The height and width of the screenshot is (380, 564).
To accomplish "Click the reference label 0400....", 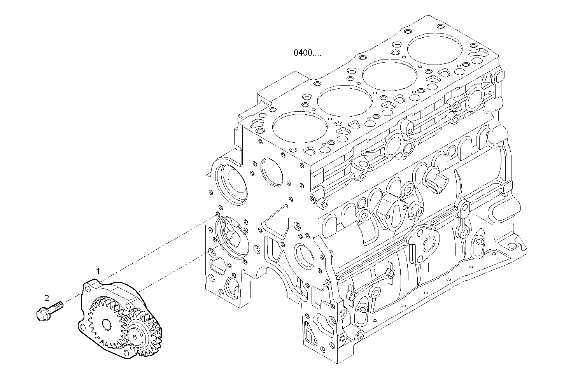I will [x=307, y=53].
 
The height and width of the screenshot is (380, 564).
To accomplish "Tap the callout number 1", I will [x=98, y=271].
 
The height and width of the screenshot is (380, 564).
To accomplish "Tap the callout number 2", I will [x=47, y=298].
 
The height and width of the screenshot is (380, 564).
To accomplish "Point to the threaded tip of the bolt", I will [x=60, y=304].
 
